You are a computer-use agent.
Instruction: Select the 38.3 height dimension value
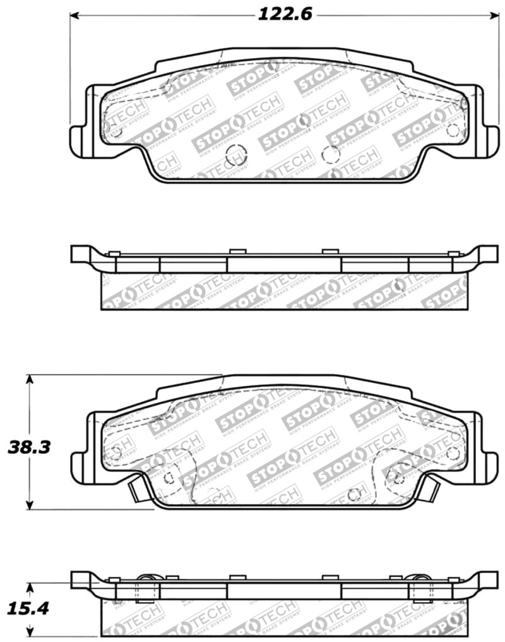[x=28, y=447]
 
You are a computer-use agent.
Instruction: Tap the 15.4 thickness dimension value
[x=28, y=609]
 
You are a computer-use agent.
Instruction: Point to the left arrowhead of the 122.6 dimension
[x=74, y=15]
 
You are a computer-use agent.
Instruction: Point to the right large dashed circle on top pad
[x=330, y=154]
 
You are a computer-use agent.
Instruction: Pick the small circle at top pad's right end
[x=452, y=130]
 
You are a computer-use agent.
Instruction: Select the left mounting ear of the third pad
[x=78, y=462]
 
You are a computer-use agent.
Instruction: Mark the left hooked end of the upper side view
[x=80, y=254]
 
